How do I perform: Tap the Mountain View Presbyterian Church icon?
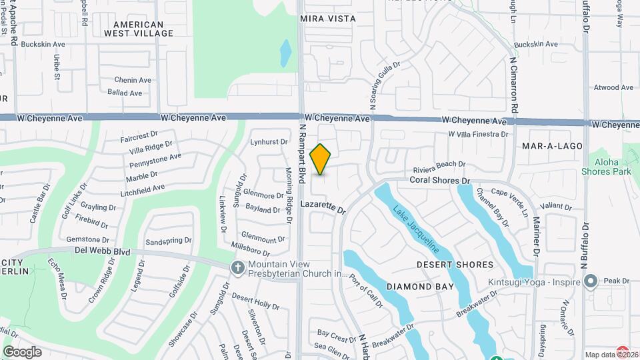tap(237, 267)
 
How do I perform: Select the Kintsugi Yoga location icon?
tap(589, 283)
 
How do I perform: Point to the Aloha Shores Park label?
tap(612, 167)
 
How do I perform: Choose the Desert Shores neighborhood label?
tap(455, 265)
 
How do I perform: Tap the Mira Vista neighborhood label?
tap(328, 19)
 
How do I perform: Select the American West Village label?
tap(138, 28)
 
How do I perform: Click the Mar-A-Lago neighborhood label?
tap(553, 145)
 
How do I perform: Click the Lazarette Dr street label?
tap(324, 207)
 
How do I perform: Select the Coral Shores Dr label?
tap(440, 181)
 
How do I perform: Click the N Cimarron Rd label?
tap(514, 84)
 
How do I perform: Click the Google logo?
tap(22, 351)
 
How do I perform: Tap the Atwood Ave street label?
tap(614, 87)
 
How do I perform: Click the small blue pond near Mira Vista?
tap(285, 53)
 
